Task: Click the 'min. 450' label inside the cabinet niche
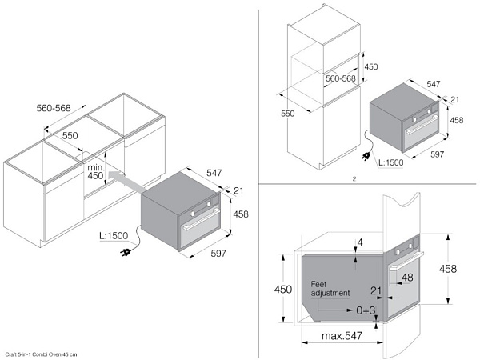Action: click(96, 172)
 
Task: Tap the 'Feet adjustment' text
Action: click(330, 289)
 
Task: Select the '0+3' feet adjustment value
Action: click(366, 310)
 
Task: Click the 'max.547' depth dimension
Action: click(342, 336)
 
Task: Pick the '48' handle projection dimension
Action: click(407, 278)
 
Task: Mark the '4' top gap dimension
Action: click(360, 242)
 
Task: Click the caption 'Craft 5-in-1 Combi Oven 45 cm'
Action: click(41, 354)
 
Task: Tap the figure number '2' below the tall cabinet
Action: click(354, 179)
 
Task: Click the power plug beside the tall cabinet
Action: click(366, 157)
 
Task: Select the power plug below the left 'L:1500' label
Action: click(126, 252)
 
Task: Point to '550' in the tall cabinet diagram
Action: click(288, 114)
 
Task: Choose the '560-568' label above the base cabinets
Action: click(54, 108)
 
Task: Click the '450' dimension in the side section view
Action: click(283, 290)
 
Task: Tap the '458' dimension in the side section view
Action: click(448, 269)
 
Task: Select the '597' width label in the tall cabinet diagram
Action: click(437, 154)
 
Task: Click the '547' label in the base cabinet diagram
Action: click(214, 173)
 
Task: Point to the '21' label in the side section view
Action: click(376, 290)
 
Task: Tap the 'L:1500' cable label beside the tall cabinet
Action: click(391, 162)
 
